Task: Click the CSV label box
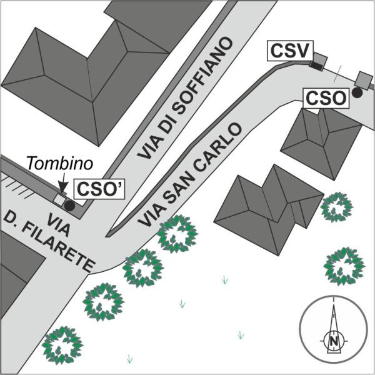tap(289, 51)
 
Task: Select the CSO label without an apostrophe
tap(325, 98)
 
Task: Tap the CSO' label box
tap(98, 189)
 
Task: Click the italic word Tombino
tap(60, 164)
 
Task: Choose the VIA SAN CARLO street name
tap(188, 176)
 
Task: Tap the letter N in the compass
tap(335, 341)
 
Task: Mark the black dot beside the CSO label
tap(356, 92)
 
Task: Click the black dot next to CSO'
tap(69, 204)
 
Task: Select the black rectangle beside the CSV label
tap(318, 61)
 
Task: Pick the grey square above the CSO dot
tap(362, 79)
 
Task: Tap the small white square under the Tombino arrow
tap(59, 199)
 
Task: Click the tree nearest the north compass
tap(344, 265)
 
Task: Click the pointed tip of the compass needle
tap(335, 301)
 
